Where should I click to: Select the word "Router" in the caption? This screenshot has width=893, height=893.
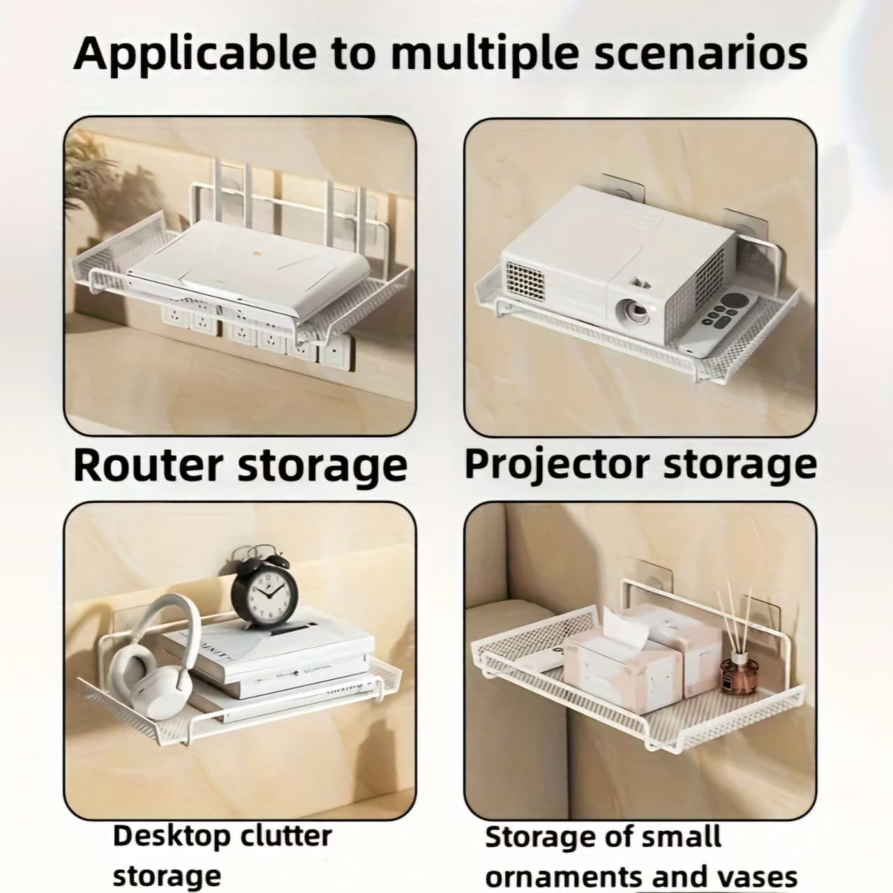149,466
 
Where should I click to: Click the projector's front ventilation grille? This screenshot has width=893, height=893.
525,281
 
